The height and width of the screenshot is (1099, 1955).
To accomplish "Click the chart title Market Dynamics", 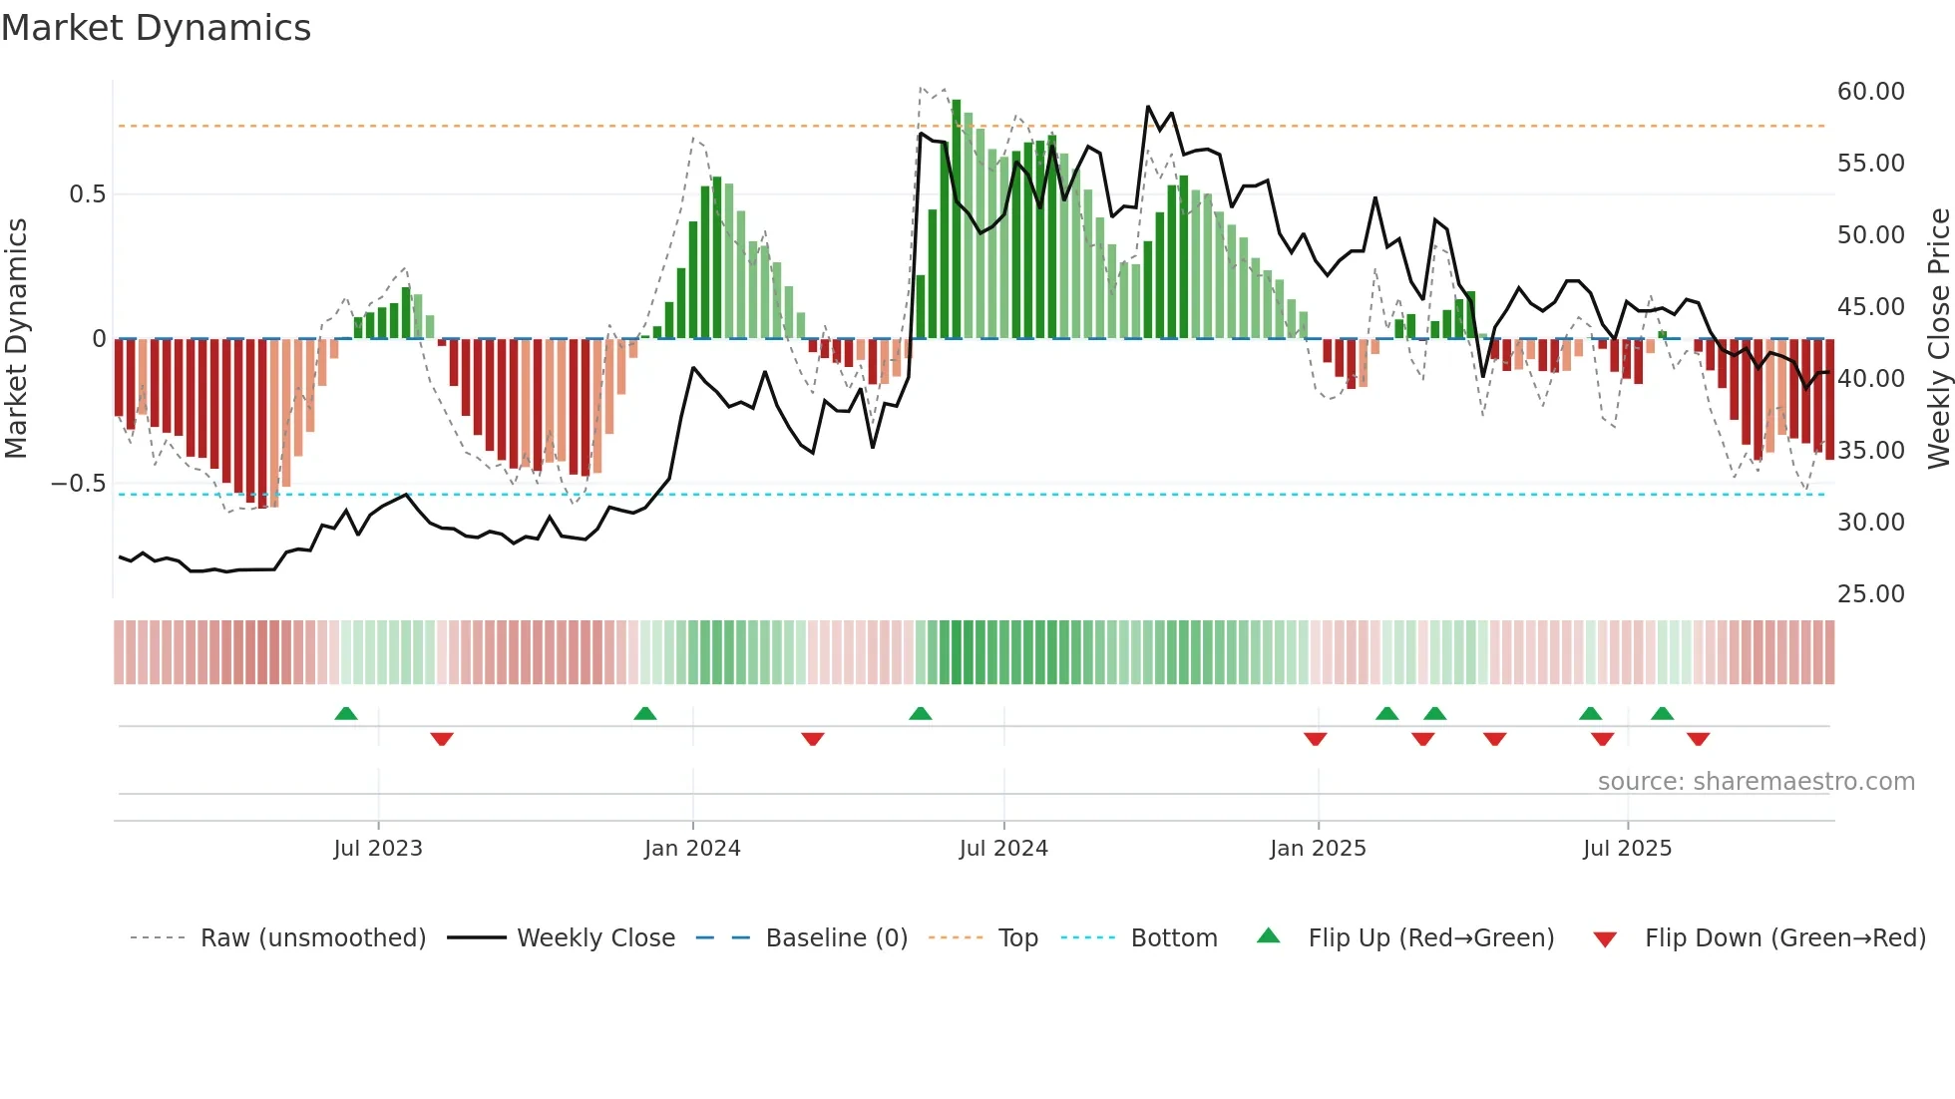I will tap(156, 28).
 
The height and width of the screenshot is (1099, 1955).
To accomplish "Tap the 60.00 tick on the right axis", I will tap(1870, 92).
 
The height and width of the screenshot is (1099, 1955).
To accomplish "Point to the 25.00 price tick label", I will tap(1870, 594).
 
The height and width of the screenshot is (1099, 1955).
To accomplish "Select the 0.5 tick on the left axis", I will tap(87, 194).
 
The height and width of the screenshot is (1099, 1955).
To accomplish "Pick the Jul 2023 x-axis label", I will tap(378, 849).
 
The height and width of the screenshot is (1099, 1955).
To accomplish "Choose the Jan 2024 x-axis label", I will tap(692, 849).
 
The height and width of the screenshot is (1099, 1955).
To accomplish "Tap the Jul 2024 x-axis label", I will tap(1003, 849).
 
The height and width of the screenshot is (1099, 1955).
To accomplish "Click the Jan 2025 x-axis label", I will tap(1318, 849).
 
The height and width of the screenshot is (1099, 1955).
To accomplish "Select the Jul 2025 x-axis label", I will tap(1627, 849).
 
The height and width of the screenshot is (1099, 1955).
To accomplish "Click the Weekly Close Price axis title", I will tap(1938, 339).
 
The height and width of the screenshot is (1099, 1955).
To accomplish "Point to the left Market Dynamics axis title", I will tap(16, 339).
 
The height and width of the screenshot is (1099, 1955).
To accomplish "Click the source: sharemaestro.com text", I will tap(1756, 782).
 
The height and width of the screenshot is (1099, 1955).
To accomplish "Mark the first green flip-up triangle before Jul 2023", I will tap(345, 713).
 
